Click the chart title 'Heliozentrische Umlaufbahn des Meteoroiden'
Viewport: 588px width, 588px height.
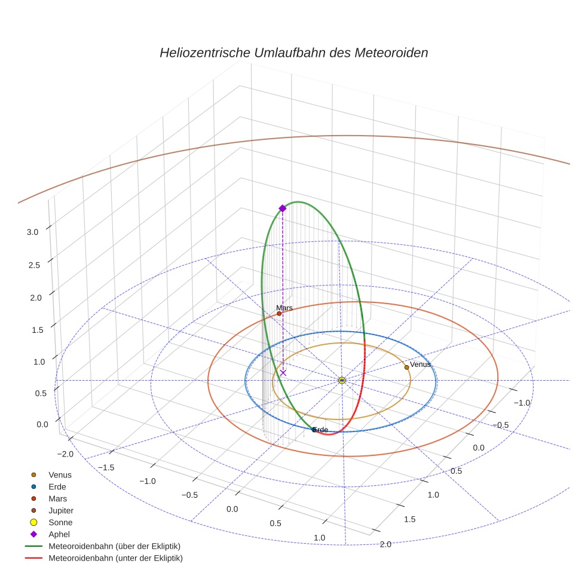[x=293, y=53]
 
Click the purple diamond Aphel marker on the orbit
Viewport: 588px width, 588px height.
[x=283, y=208]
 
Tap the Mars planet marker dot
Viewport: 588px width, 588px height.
[x=279, y=313]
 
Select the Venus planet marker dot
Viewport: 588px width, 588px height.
[x=406, y=367]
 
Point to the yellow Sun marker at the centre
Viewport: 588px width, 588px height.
[x=342, y=380]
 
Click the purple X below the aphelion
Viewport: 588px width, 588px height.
[x=283, y=373]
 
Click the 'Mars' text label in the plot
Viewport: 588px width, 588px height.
[x=284, y=308]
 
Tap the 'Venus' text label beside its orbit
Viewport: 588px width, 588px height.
[x=420, y=364]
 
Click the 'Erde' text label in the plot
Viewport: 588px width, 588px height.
[x=321, y=430]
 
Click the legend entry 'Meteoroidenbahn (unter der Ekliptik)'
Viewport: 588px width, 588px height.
[x=115, y=558]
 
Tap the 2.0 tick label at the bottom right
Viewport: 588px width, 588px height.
[x=385, y=544]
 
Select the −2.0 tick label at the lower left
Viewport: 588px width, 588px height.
[x=67, y=454]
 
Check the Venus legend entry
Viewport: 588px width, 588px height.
[x=60, y=474]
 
